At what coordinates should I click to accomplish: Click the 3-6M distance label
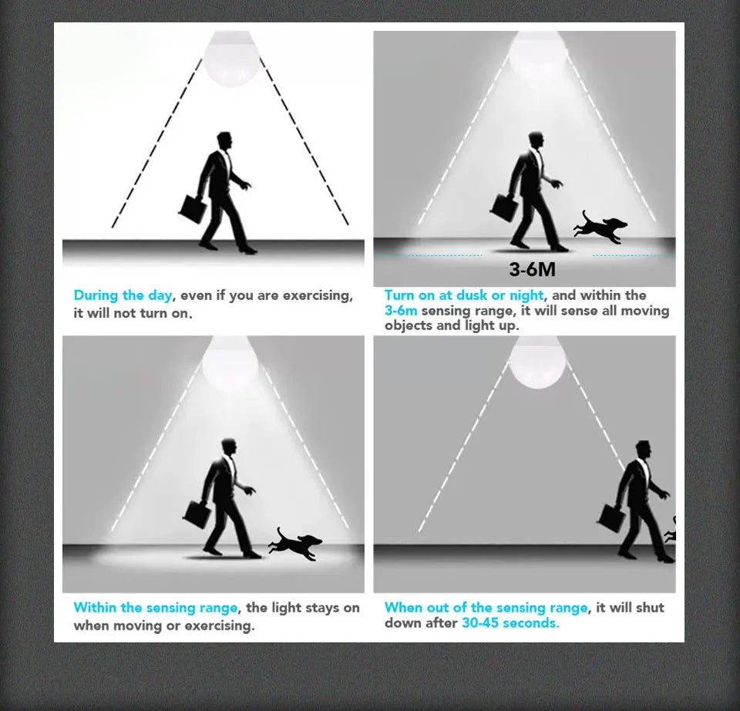coord(533,269)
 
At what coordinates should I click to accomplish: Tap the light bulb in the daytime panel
coord(231,59)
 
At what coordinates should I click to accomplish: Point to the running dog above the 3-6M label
coord(600,227)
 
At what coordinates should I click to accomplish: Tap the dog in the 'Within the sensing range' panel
coord(295,544)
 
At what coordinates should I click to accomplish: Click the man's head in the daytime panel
coord(224,140)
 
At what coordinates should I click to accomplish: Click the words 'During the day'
coord(123,296)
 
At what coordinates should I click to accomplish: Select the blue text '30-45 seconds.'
coord(510,623)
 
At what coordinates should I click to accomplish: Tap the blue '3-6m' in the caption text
coord(401,311)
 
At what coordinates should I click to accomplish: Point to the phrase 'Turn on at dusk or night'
coord(463,295)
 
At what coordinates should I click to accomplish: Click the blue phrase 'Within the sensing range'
coord(155,608)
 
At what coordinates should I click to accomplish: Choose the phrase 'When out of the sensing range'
coord(486,608)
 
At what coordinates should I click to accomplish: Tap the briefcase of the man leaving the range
coord(612,518)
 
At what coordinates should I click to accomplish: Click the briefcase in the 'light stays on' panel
coord(197,514)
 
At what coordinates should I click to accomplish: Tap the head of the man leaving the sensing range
coord(643,450)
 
